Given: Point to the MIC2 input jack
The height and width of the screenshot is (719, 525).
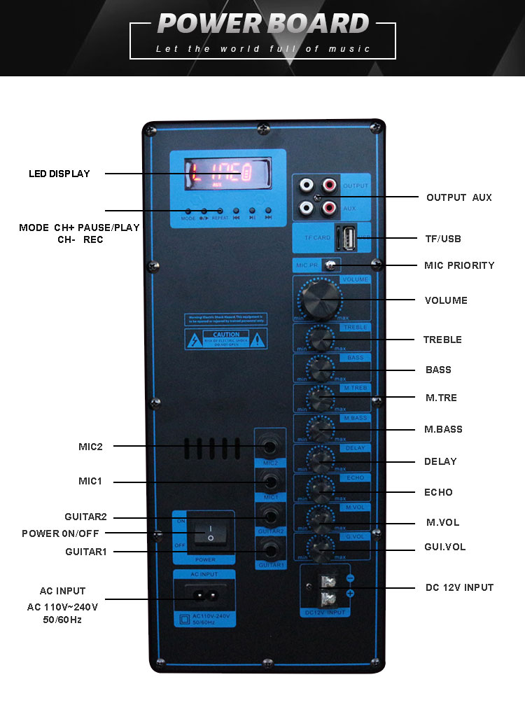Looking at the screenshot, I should click(x=270, y=446).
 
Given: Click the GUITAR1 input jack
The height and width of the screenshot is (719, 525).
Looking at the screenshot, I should click(x=270, y=551).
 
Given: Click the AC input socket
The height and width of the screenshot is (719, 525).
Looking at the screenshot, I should click(x=204, y=596).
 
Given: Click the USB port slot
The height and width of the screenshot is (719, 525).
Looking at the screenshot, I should click(x=347, y=237).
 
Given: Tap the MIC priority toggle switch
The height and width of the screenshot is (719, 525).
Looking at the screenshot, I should click(x=329, y=265).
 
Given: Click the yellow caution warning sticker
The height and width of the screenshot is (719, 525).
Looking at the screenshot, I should click(x=225, y=340).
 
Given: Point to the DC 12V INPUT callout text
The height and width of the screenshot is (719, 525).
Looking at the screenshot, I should click(x=459, y=587).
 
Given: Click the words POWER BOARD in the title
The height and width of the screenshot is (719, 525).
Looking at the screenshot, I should click(x=263, y=24).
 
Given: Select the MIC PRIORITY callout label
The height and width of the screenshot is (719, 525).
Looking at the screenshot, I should click(x=459, y=265).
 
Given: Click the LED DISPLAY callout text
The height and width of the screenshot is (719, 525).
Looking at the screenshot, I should click(x=59, y=174).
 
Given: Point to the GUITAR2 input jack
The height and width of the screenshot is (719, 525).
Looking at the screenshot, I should click(x=270, y=517).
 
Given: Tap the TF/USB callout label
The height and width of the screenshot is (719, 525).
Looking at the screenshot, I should click(x=443, y=239).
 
